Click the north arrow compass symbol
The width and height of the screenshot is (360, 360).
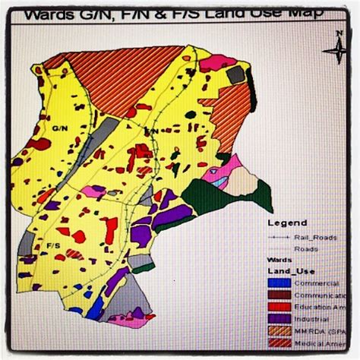click(x=334, y=51)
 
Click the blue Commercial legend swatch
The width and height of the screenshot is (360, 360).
click(x=278, y=283)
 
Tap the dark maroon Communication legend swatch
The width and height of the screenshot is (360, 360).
click(x=278, y=295)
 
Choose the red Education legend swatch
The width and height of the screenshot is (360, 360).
click(x=278, y=307)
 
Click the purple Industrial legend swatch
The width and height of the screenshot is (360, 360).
click(x=278, y=319)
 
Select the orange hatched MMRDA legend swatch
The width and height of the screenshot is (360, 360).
click(x=278, y=331)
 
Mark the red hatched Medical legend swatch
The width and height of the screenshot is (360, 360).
click(x=278, y=343)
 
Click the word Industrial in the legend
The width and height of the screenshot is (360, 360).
click(x=311, y=319)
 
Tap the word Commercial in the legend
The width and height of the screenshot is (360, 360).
click(x=314, y=283)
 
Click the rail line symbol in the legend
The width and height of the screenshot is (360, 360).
click(x=277, y=236)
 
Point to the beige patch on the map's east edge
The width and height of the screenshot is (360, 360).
click(x=242, y=182)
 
